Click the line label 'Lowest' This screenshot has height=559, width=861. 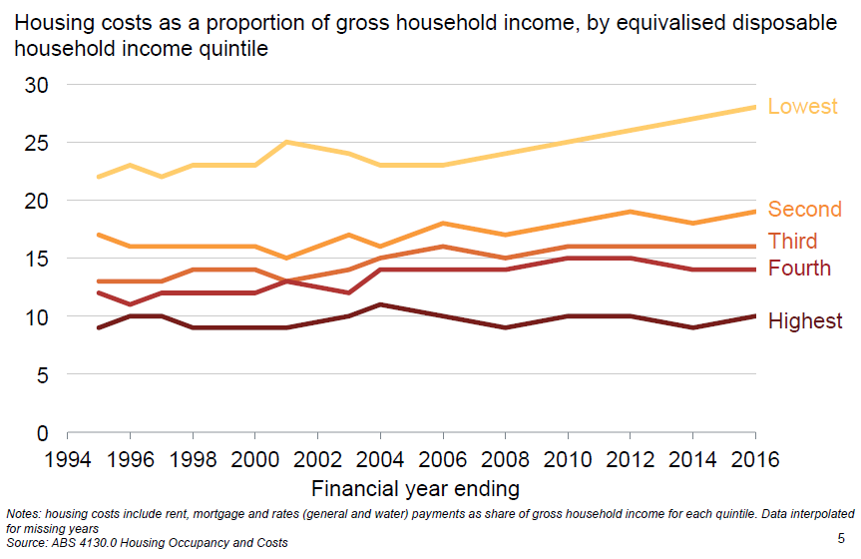coord(802,107)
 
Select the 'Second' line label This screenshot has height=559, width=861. coord(804,210)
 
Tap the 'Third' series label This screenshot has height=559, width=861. coord(792,241)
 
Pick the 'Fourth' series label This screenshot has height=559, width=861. coord(798,268)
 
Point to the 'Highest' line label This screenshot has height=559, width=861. coord(804,320)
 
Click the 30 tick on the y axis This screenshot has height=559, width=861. coord(36,85)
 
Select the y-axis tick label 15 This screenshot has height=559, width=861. coord(36,259)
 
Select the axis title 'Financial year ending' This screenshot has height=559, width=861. coord(415,489)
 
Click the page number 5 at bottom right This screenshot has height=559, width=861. coord(841,538)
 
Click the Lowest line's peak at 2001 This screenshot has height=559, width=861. coord(286,142)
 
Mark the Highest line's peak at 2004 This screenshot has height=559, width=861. coord(380,304)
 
